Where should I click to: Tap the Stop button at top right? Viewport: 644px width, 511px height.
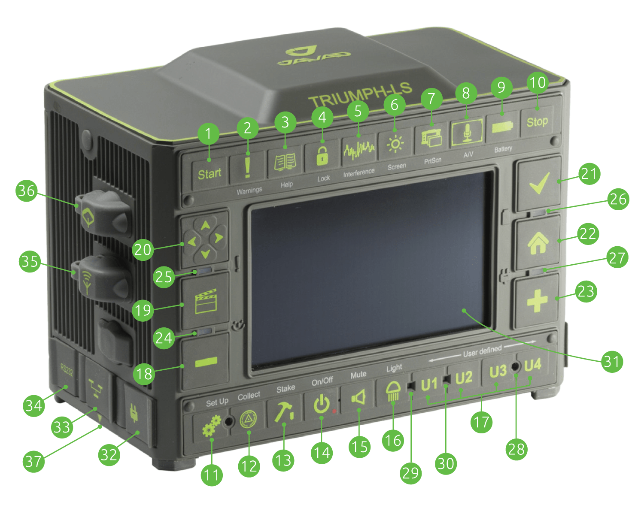click(x=537, y=122)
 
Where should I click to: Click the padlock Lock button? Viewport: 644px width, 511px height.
click(x=322, y=156)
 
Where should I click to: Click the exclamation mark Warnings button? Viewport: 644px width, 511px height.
click(x=247, y=167)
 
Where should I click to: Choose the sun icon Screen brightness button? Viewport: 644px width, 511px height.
click(x=395, y=145)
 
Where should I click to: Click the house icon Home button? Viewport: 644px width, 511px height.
click(x=538, y=243)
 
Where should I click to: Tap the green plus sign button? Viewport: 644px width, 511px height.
click(x=537, y=301)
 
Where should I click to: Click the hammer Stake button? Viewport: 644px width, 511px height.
click(x=283, y=411)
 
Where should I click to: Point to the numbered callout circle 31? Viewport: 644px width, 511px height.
click(x=611, y=361)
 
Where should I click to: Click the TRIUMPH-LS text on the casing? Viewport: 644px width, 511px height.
click(x=360, y=95)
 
